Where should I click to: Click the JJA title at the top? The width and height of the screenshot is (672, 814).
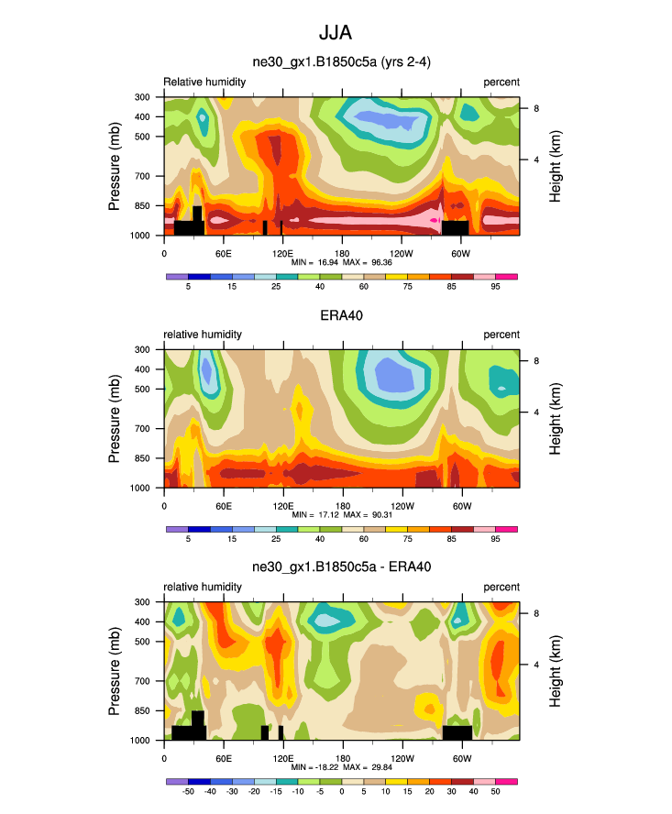pos(336,33)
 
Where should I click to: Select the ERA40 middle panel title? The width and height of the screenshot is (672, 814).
pos(341,315)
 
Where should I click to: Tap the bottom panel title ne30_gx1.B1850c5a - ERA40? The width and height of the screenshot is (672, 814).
pos(341,567)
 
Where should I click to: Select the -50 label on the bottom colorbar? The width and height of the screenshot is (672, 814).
pos(188,792)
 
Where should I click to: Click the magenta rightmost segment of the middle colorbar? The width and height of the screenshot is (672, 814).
pos(508,529)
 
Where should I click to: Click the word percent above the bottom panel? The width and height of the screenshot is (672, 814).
pos(501,587)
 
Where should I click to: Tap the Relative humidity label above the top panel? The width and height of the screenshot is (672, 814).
pos(204,82)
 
